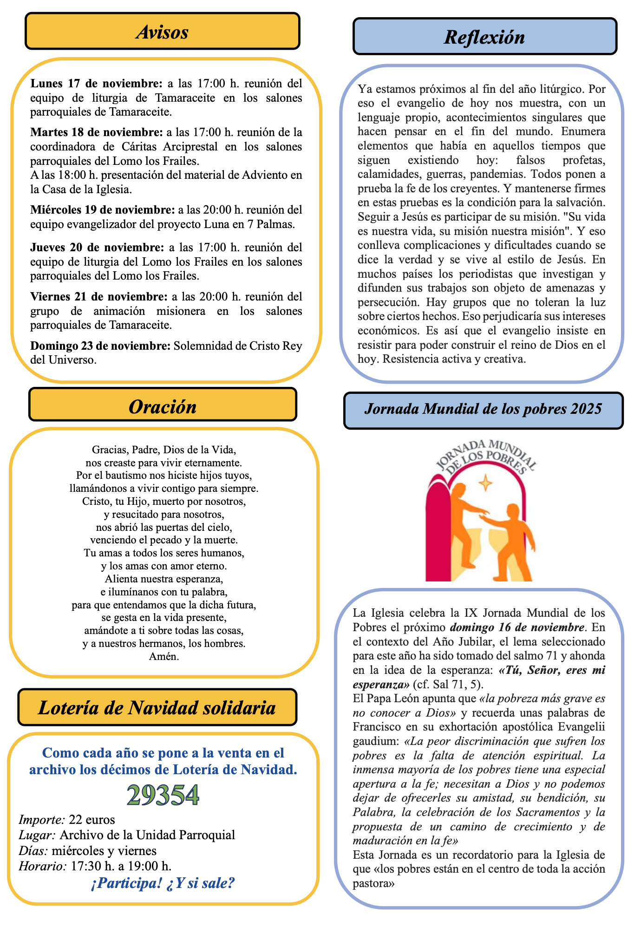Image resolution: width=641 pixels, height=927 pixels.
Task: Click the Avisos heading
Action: [x=163, y=32]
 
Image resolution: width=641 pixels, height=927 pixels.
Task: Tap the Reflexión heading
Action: [x=484, y=37]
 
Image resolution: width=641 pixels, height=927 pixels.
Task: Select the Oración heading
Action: [x=163, y=406]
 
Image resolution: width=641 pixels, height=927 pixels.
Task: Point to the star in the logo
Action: [x=486, y=483]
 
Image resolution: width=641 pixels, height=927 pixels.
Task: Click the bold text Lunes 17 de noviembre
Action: [x=97, y=84]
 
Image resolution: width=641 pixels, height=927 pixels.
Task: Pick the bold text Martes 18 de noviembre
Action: [x=97, y=132]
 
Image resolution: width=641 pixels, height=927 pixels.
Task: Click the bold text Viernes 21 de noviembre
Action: [x=99, y=296]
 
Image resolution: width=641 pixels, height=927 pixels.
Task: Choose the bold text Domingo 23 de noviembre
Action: [x=100, y=346]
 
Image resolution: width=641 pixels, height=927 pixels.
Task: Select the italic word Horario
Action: [x=43, y=865]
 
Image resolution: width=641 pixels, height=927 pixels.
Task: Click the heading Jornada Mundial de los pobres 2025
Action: [x=483, y=409]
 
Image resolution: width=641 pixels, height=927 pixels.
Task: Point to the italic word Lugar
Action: [x=37, y=835]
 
